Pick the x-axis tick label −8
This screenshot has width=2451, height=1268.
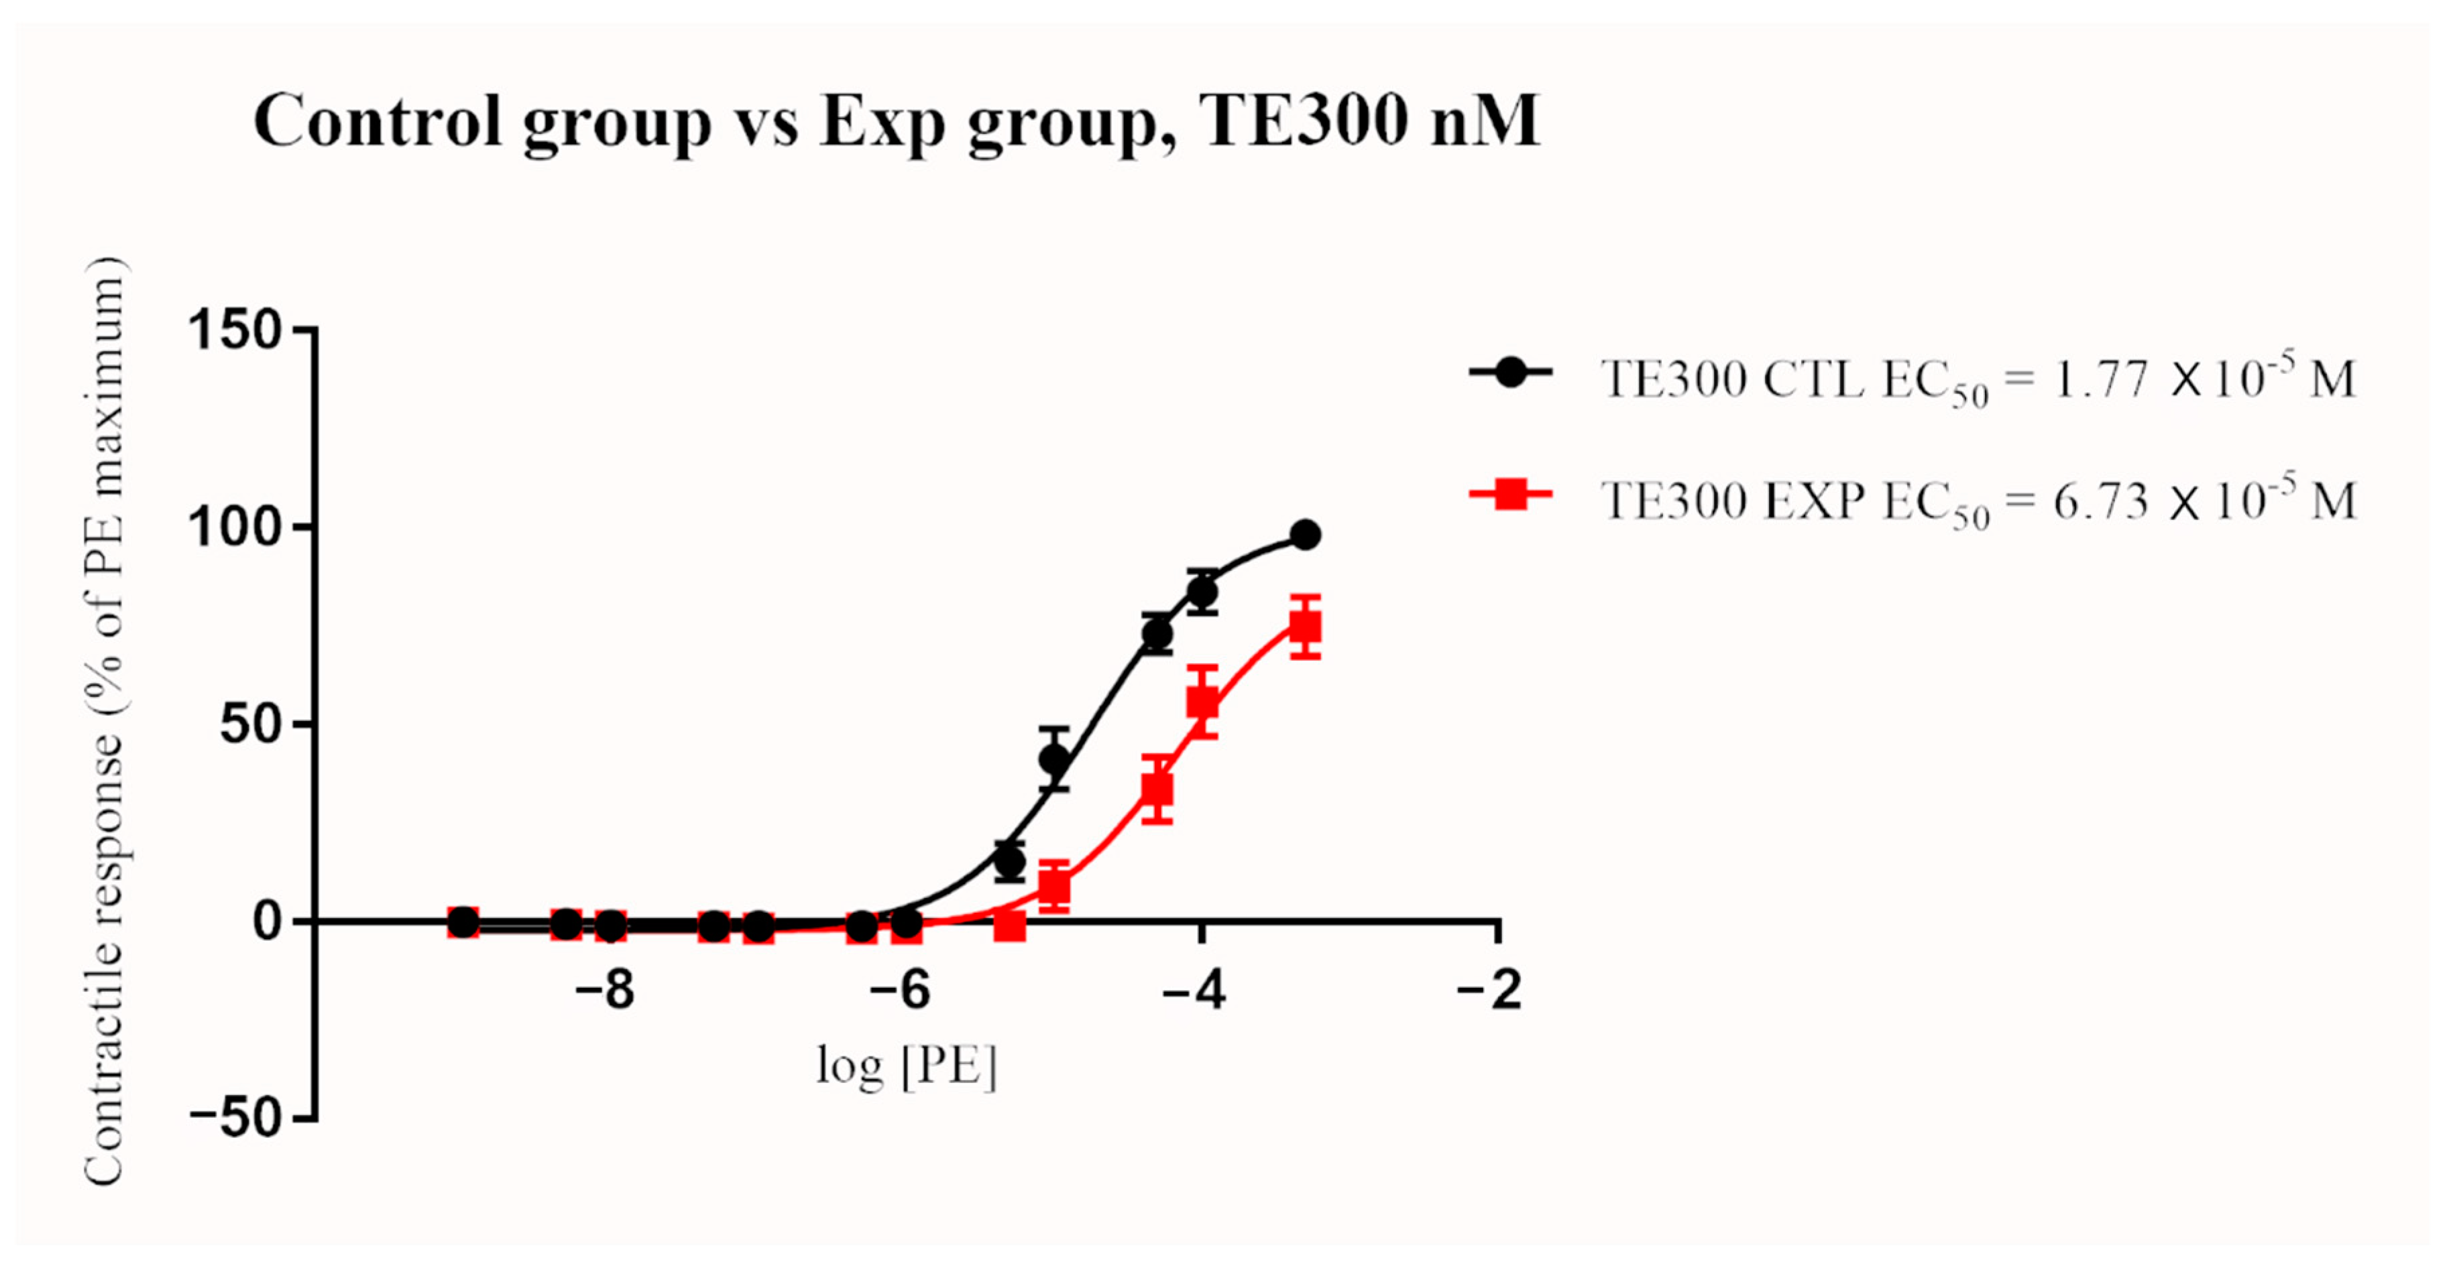605,991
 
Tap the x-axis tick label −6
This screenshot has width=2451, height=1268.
900,991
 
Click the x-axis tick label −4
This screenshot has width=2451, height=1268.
1195,991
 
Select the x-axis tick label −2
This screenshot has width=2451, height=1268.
1490,991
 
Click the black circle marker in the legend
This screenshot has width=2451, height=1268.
1511,373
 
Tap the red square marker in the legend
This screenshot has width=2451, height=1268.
1511,494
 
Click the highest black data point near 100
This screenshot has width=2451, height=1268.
1306,535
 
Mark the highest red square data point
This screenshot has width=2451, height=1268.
1306,626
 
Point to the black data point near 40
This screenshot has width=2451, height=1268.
1054,758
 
